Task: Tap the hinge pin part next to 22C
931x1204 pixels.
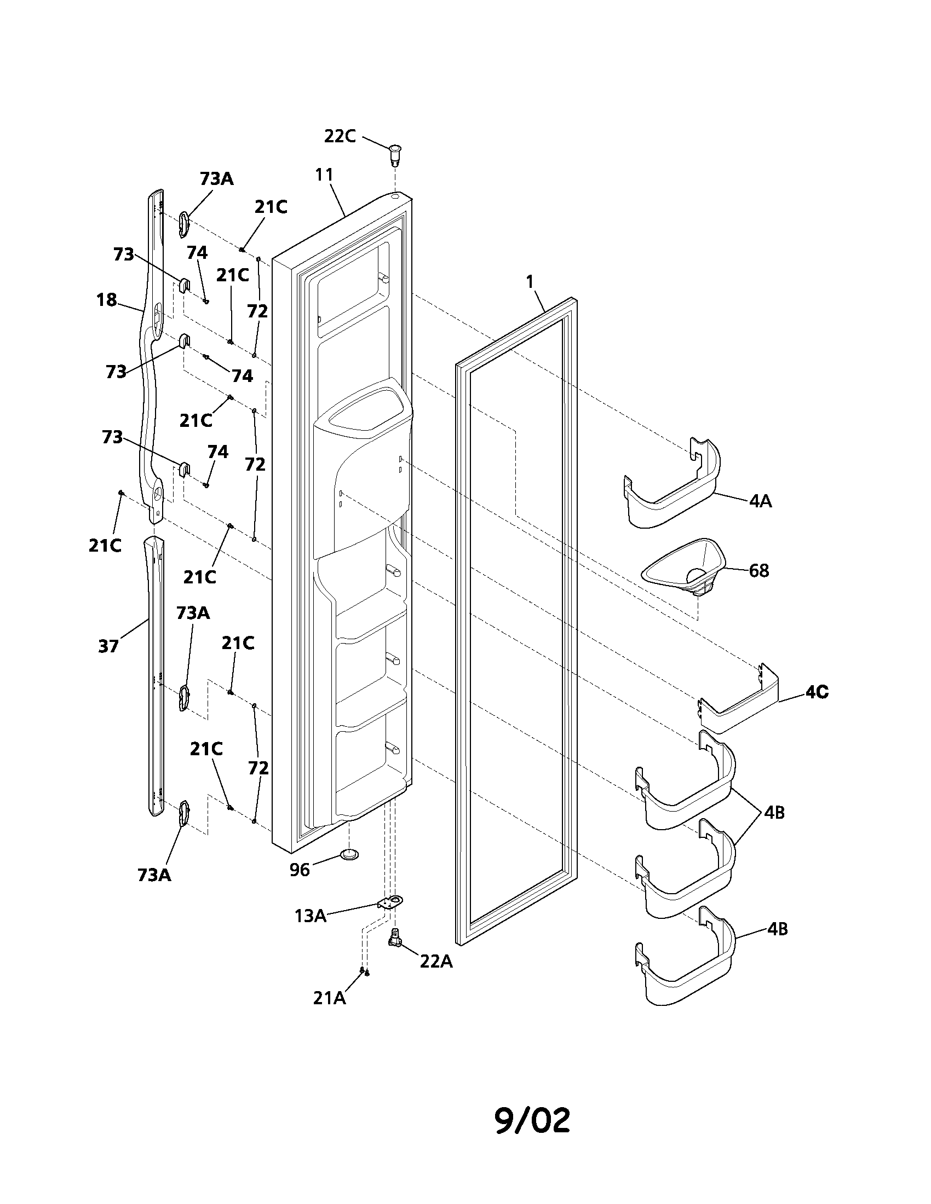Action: click(395, 154)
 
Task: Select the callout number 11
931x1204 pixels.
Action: click(324, 175)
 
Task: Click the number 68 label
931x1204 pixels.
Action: click(759, 571)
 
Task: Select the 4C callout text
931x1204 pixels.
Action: click(817, 692)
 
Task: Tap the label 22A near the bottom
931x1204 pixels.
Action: click(436, 962)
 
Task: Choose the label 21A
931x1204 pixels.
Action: click(329, 998)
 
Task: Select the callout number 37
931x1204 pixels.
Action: click(108, 646)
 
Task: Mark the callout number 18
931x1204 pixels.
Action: click(106, 300)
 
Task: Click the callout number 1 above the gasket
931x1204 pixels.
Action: click(530, 282)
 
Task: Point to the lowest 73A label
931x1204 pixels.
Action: click(154, 875)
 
